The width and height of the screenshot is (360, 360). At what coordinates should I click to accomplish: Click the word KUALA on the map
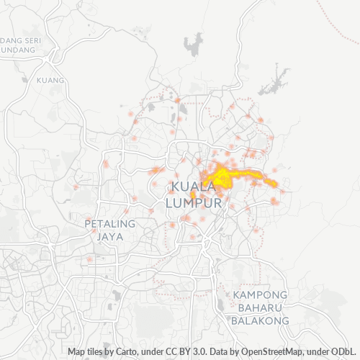(x=195, y=187)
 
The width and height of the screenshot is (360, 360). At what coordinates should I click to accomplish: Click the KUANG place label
(x=50, y=80)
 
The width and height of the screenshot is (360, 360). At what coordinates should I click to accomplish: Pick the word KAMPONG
(x=260, y=296)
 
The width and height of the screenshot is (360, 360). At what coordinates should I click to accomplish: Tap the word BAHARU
(x=260, y=308)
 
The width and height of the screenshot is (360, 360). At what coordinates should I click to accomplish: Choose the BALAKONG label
(x=260, y=320)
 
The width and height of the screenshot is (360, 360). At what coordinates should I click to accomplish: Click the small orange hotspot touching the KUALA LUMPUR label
(x=193, y=196)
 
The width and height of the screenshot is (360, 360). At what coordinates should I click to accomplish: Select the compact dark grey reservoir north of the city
(x=193, y=45)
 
